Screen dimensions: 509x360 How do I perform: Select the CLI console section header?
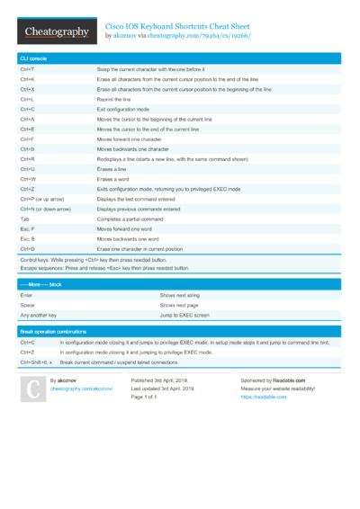pyautogui.click(x=33, y=58)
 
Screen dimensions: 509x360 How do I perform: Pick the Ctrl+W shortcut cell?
pyautogui.click(x=28, y=179)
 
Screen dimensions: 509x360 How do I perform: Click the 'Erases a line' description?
pyautogui.click(x=113, y=169)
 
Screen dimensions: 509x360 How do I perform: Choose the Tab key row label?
pyautogui.click(x=24, y=219)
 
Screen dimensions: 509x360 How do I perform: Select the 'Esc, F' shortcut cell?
pyautogui.click(x=27, y=228)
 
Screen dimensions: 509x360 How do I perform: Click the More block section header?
pyautogui.click(x=41, y=284)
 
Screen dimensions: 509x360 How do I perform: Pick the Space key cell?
pyautogui.click(x=27, y=305)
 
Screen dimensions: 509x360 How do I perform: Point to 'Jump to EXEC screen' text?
pyautogui.click(x=184, y=315)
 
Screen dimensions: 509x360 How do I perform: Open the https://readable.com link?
pyautogui.click(x=263, y=397)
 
